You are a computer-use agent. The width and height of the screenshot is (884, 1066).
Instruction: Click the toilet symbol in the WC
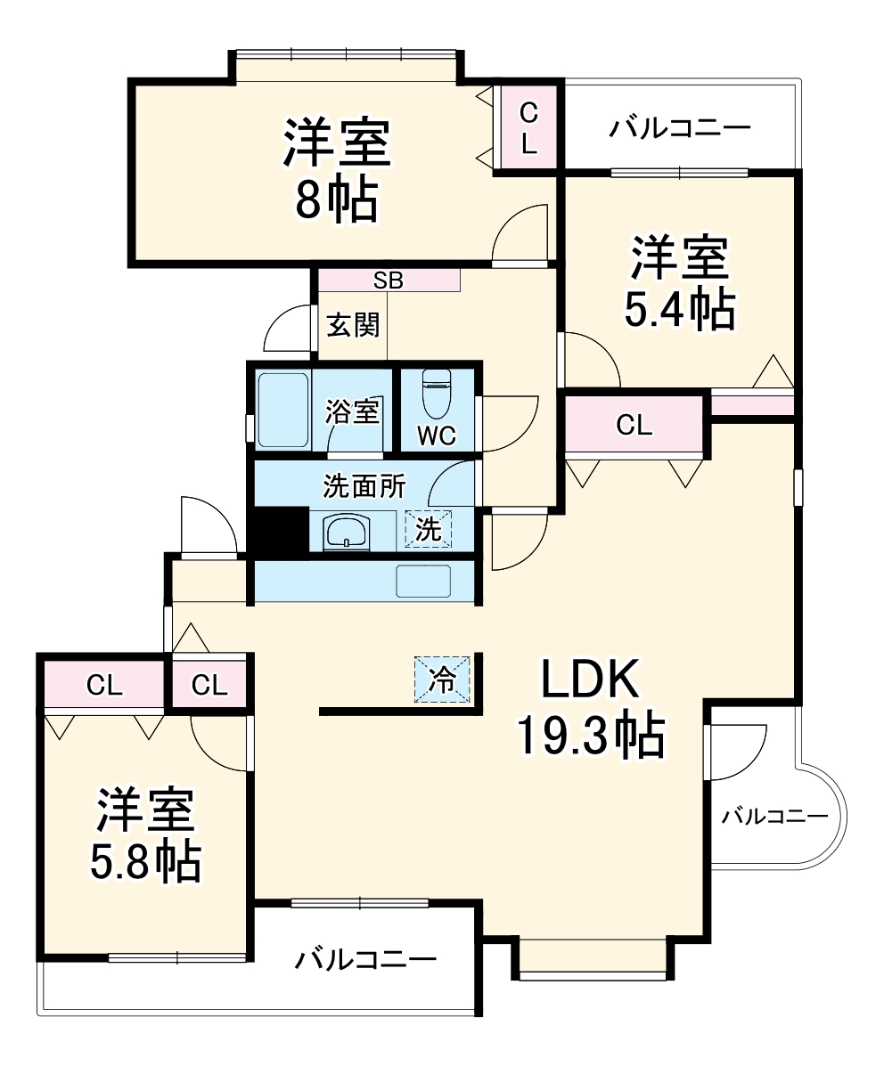[437, 394]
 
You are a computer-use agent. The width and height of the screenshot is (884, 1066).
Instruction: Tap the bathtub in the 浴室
[283, 410]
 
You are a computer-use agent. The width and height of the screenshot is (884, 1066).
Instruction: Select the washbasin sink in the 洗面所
[347, 533]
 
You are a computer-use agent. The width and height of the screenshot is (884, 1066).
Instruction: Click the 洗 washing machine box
[429, 530]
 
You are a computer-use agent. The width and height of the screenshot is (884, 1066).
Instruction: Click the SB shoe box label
[389, 280]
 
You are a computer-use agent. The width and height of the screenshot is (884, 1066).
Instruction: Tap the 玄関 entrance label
[353, 325]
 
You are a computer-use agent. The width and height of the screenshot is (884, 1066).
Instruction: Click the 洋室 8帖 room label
[337, 169]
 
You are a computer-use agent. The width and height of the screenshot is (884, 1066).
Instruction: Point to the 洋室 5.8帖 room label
[146, 834]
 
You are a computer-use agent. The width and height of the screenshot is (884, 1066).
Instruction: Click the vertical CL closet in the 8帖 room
[529, 127]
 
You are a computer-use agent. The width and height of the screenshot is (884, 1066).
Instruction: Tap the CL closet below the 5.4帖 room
[634, 426]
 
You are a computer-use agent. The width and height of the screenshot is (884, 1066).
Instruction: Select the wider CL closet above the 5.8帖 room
[104, 685]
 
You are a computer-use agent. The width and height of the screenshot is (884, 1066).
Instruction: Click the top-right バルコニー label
[680, 128]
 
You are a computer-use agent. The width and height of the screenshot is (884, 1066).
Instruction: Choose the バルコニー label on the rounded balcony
[773, 815]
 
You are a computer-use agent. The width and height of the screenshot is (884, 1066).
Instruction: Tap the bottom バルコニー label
[366, 960]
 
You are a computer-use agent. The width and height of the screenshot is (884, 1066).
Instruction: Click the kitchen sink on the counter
[423, 581]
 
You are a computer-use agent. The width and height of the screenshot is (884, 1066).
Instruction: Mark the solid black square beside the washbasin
[276, 532]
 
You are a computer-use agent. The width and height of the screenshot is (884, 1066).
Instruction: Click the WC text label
[437, 436]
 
